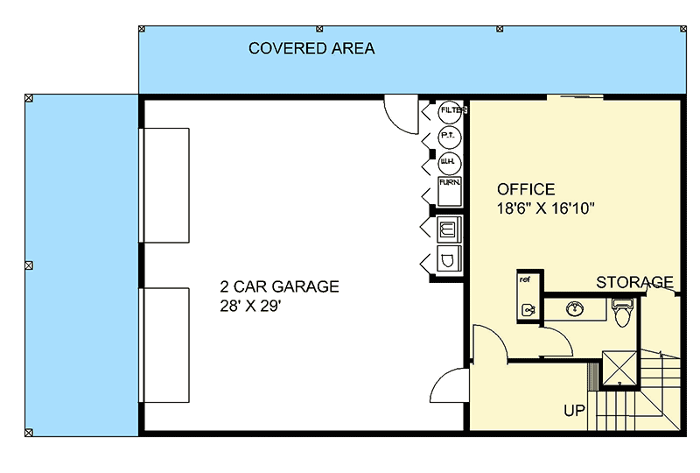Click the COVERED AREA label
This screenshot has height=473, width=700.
[x=311, y=48]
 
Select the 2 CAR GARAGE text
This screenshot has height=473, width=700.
[x=279, y=286]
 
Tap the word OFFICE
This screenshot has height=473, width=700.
[x=526, y=189]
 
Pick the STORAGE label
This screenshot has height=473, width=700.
[x=634, y=282]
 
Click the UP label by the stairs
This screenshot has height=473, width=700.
[x=574, y=409]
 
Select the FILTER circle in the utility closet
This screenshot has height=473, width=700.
[x=451, y=111]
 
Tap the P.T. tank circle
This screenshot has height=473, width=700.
[x=448, y=137]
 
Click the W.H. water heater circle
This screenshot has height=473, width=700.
[x=448, y=162]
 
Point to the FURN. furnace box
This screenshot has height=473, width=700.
[x=450, y=189]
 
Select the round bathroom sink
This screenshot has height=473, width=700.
[x=576, y=309]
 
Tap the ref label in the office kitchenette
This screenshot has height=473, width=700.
[x=525, y=280]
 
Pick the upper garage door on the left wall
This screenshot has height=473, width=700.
[x=164, y=184]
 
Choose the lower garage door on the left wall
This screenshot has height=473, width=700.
[x=164, y=343]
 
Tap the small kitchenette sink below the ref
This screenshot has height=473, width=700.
[x=527, y=309]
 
